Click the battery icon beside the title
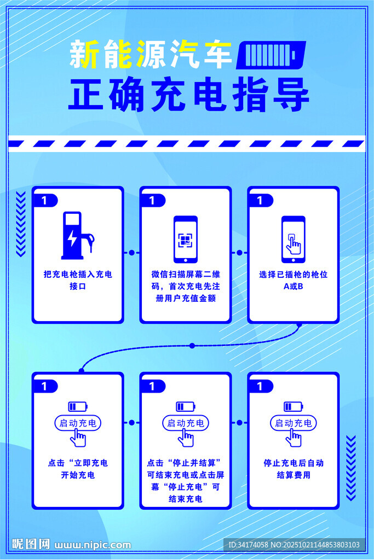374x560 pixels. coord(271,55)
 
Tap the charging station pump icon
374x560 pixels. coord(76,235)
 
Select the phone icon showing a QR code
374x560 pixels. coord(185,239)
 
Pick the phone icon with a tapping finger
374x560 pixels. coord(293,239)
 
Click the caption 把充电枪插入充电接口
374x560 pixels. coord(77,280)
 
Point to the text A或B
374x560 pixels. coord(293,286)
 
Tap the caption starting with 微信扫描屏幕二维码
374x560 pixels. coord(185,286)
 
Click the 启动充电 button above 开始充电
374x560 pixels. coord(78,423)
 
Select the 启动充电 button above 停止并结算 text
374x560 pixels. coord(185,423)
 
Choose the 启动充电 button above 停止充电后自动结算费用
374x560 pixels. coord(293,423)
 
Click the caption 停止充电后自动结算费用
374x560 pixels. coord(293,469)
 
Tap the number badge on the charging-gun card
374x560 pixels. coord(44,201)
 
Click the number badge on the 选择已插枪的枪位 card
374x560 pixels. coord(260,201)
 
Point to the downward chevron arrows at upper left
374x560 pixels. coord(21,224)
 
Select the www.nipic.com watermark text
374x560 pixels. coord(93,545)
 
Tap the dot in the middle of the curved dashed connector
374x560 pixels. coord(192,346)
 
